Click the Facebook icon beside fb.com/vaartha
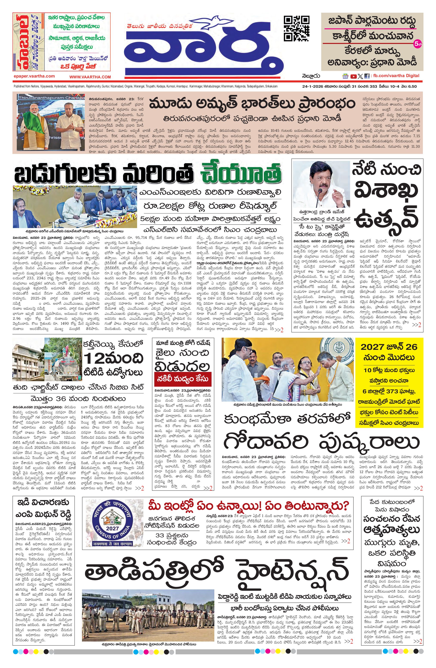click(x=367, y=76)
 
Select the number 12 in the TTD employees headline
click(x=94, y=358)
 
